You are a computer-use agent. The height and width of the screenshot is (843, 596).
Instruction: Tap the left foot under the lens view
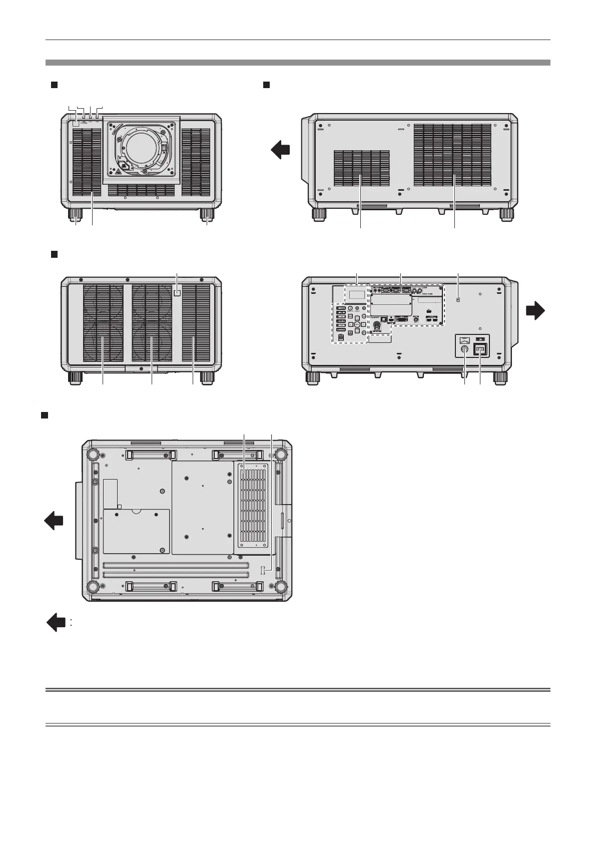[x=76, y=214]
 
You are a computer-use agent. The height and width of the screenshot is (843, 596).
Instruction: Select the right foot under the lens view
[x=207, y=214]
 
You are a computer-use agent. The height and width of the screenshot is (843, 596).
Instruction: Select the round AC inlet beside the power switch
[x=464, y=350]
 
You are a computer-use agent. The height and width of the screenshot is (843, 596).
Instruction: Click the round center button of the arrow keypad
[x=357, y=325]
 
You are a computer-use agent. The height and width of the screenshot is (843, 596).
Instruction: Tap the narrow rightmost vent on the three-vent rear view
[x=196, y=322]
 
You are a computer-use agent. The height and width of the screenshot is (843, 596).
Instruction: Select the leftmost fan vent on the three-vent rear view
[x=103, y=322]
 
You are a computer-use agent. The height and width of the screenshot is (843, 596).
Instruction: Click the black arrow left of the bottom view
[x=54, y=521]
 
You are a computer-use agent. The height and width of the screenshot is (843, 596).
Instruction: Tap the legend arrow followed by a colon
[x=57, y=623]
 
